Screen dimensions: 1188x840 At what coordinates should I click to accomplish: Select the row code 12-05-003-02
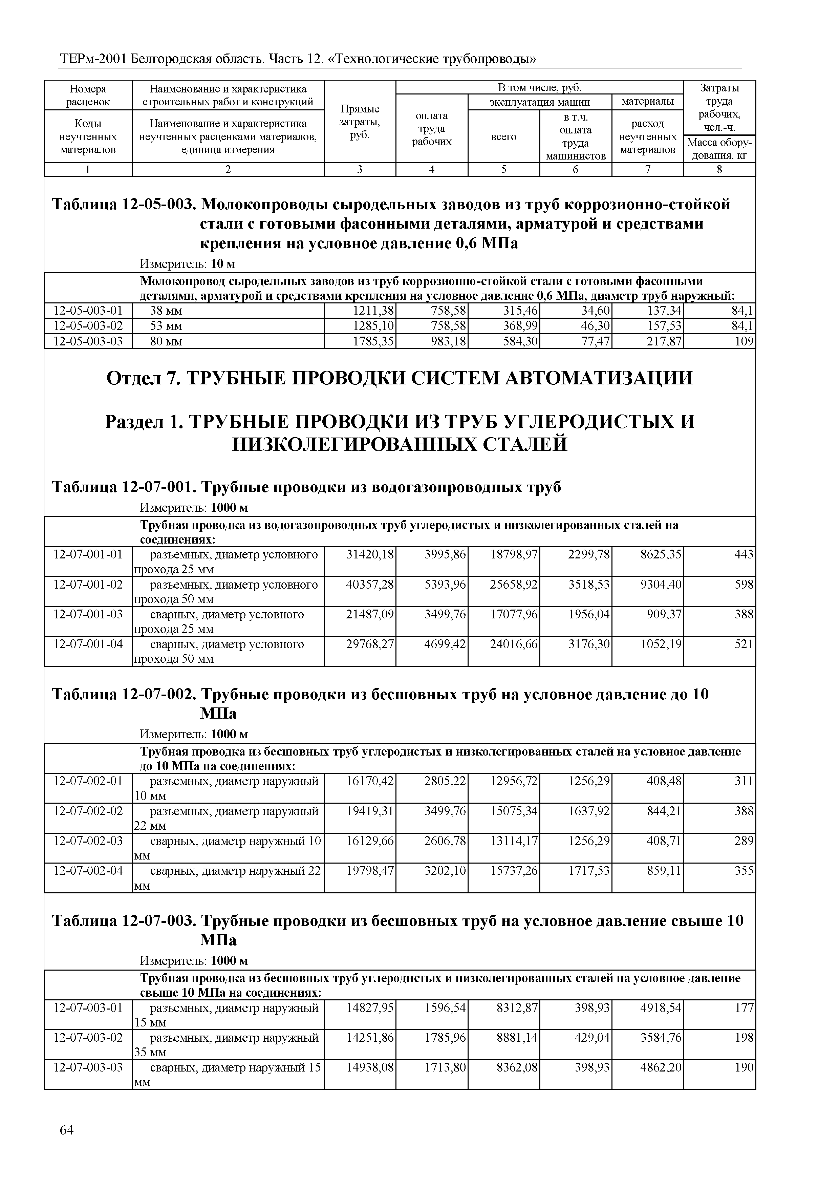pyautogui.click(x=88, y=326)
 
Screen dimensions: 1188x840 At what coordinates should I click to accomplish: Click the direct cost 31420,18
pyautogui.click(x=370, y=555)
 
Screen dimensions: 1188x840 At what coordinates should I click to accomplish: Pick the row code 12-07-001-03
pyautogui.click(x=88, y=615)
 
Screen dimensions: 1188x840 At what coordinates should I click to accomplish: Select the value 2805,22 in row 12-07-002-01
pyautogui.click(x=445, y=781)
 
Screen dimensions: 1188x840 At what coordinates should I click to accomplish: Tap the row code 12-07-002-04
pyautogui.click(x=88, y=871)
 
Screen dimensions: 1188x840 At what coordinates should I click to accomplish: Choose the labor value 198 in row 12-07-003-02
pyautogui.click(x=744, y=1038)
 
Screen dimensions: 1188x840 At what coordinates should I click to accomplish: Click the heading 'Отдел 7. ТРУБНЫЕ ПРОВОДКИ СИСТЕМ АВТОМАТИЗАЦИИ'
pyautogui.click(x=399, y=379)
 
